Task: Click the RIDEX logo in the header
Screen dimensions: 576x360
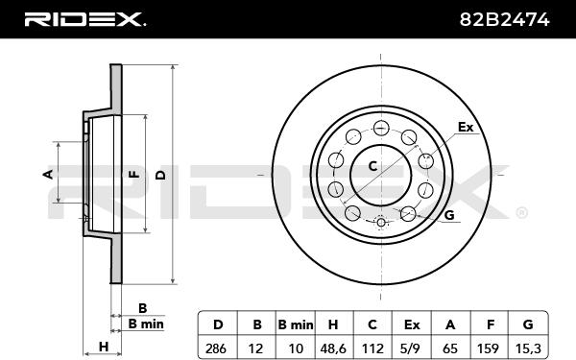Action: (84, 19)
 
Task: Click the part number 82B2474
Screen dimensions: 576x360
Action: (504, 19)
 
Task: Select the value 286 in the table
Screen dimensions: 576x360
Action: (216, 348)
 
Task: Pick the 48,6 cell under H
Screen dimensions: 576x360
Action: (333, 348)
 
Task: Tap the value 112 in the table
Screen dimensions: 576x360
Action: (372, 348)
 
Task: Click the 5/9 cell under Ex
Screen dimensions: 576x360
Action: (412, 348)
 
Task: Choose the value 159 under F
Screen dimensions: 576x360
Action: (489, 348)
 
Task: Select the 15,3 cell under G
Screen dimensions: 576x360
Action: (528, 348)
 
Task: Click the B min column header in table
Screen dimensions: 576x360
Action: (296, 324)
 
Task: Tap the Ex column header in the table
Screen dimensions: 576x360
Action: (412, 324)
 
